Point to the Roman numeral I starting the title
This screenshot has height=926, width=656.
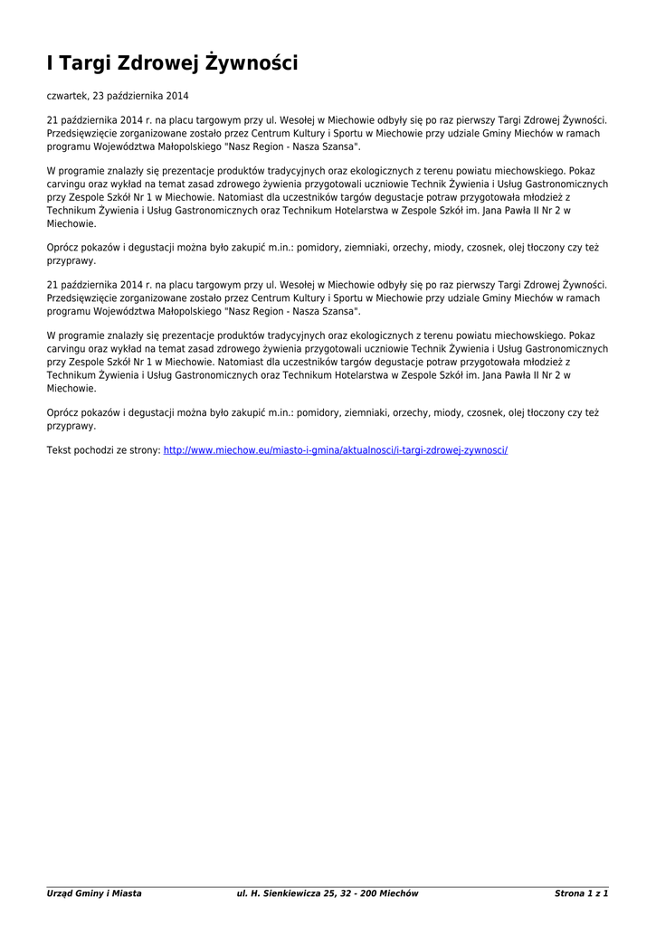(x=51, y=63)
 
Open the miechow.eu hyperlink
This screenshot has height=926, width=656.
(x=336, y=449)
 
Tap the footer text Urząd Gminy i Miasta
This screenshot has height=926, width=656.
(x=94, y=893)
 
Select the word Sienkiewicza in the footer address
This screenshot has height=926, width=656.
(x=284, y=893)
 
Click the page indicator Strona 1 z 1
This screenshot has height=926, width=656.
(x=581, y=893)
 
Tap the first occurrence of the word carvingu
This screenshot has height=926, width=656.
(x=66, y=183)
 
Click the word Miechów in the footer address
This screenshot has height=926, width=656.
(x=399, y=893)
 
